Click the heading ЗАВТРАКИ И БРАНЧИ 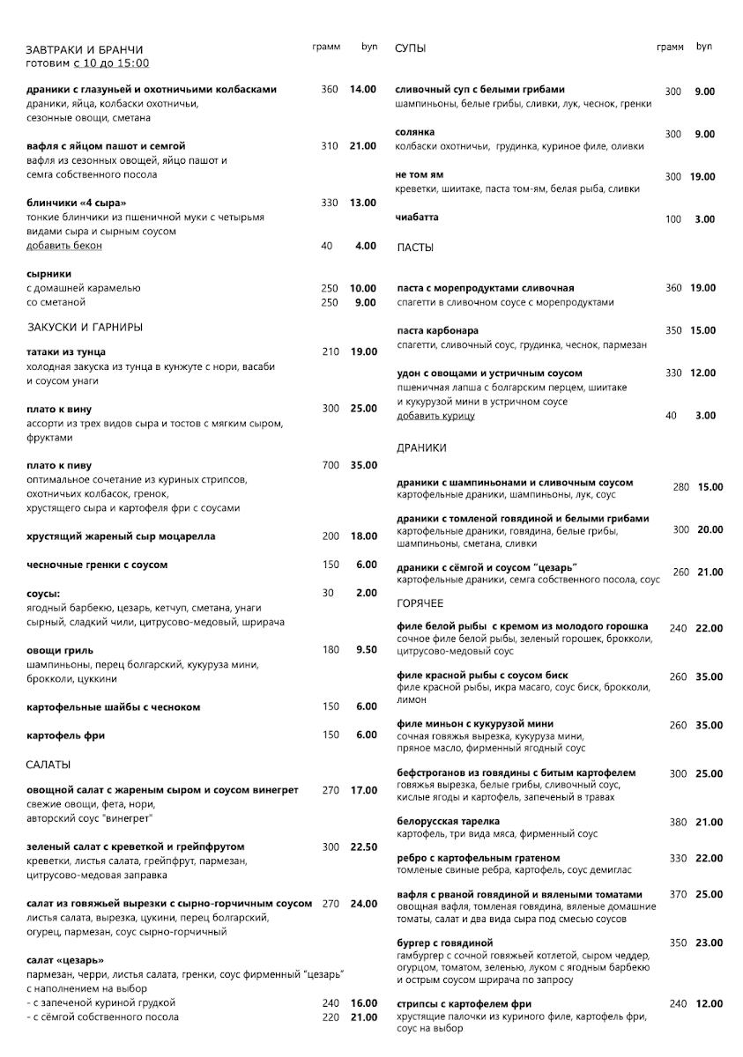85,50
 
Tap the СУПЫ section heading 411,48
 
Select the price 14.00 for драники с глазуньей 362,89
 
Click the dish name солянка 415,132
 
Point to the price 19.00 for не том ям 702,177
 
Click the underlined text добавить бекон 64,246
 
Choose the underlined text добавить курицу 435,416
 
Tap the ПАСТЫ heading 415,248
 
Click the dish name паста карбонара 438,330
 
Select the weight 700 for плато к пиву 331,465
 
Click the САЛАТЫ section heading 48,764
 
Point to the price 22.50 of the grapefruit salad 363,846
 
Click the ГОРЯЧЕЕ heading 420,603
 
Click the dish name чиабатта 417,218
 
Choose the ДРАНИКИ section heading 421,447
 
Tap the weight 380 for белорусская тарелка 678,822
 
